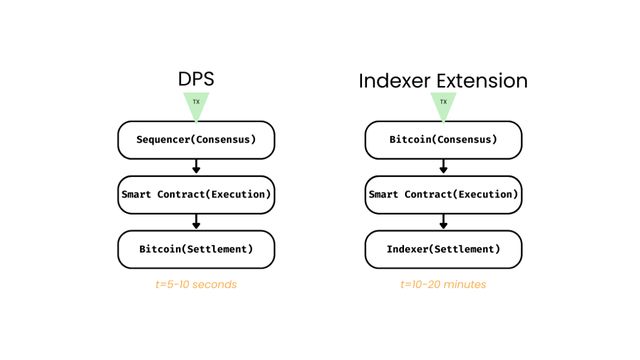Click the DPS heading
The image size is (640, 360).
click(x=196, y=79)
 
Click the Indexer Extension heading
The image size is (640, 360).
click(x=443, y=80)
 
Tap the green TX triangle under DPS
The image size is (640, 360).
click(x=196, y=104)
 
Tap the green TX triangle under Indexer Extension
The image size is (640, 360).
click(x=443, y=104)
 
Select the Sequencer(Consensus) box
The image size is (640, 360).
click(x=196, y=140)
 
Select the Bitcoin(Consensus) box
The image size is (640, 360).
click(x=443, y=140)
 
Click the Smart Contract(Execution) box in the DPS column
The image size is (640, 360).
click(x=196, y=194)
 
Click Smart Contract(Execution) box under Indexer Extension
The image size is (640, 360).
click(x=443, y=194)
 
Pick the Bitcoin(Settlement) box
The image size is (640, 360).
click(x=196, y=248)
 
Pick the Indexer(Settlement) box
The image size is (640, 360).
click(x=443, y=248)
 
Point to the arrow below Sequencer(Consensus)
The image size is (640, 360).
click(x=196, y=167)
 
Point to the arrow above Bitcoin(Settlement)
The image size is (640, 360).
click(x=196, y=221)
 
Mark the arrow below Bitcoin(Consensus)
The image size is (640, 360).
click(x=443, y=167)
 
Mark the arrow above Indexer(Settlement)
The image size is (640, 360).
click(x=443, y=221)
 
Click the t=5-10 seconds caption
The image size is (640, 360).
click(x=196, y=285)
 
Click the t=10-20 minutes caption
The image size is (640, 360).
click(x=443, y=285)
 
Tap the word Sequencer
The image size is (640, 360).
click(x=166, y=140)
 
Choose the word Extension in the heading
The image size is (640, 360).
click(x=482, y=80)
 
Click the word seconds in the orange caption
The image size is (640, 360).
click(x=214, y=285)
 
